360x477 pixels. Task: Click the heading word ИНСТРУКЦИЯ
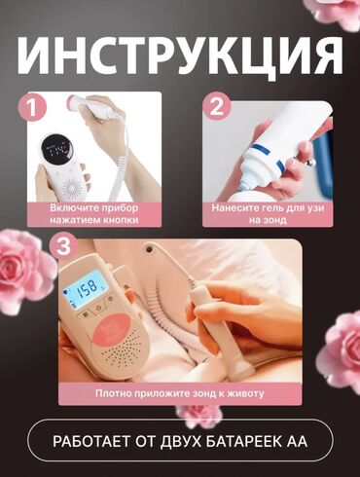[x=180, y=55]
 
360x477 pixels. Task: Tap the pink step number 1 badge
[x=32, y=107]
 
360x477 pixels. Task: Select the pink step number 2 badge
[x=217, y=107]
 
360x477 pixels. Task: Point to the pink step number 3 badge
[x=63, y=246]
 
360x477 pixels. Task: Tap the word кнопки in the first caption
[x=124, y=220]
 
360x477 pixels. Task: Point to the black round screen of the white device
[x=55, y=150]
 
